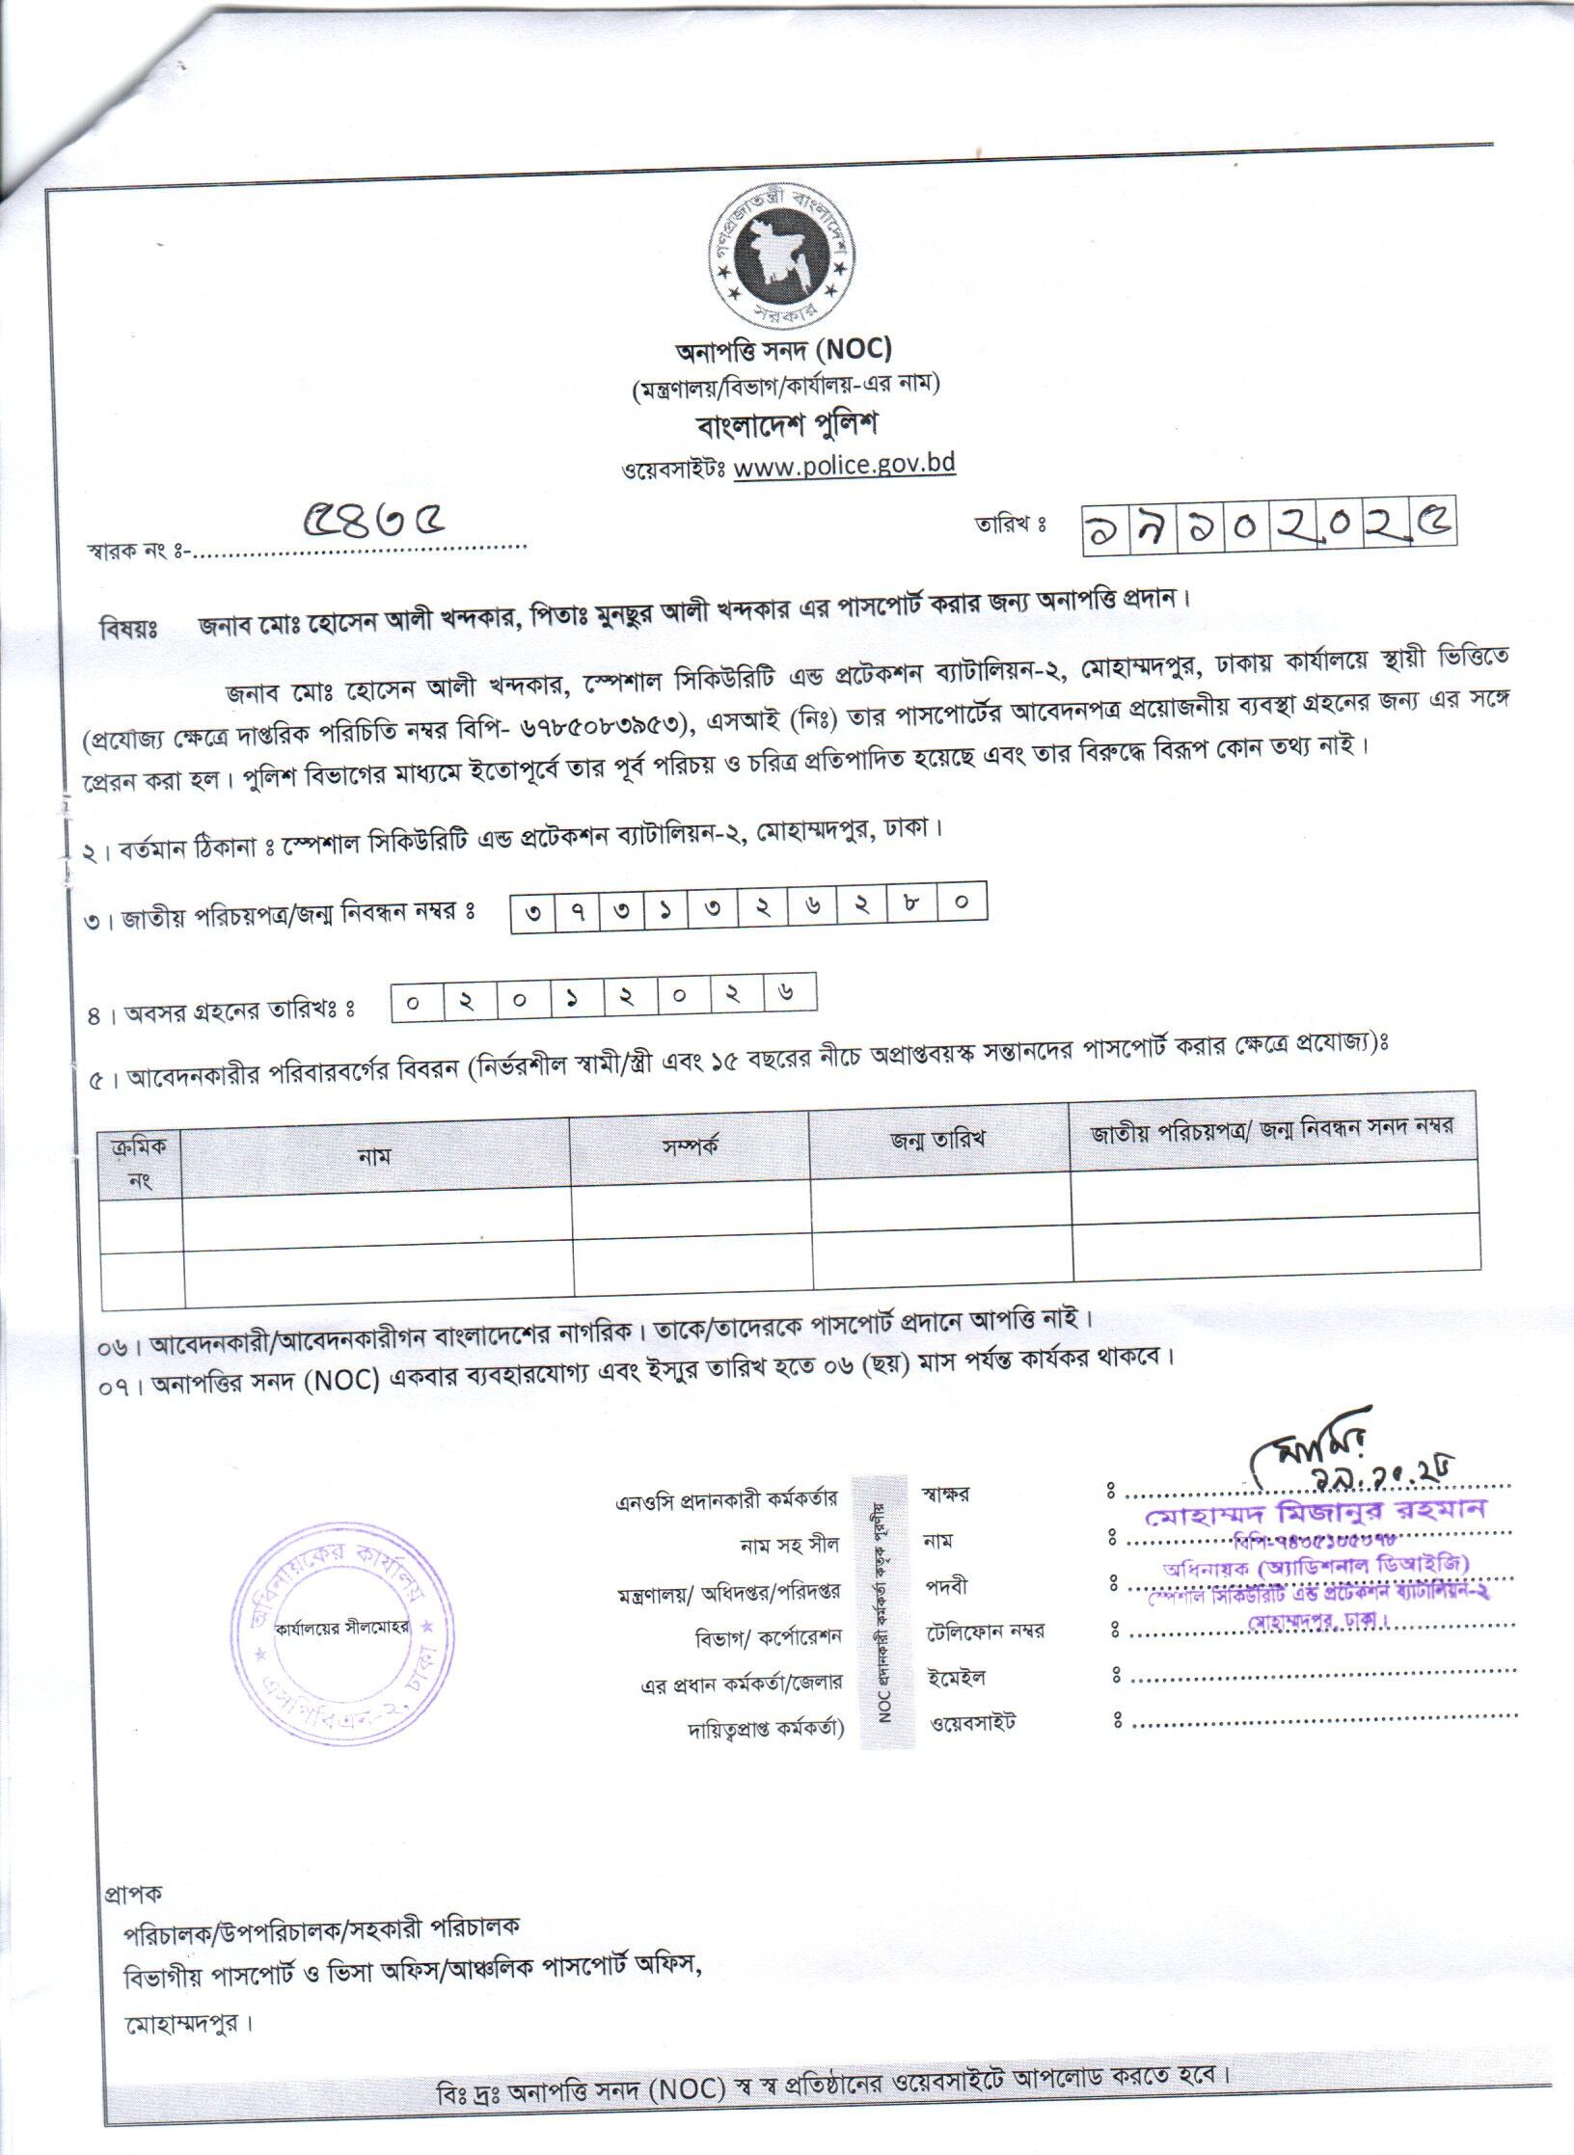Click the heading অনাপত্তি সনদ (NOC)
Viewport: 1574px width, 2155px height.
(782, 349)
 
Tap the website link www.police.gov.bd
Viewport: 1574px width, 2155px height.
(844, 465)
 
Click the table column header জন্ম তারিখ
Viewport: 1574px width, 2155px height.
(937, 1142)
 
